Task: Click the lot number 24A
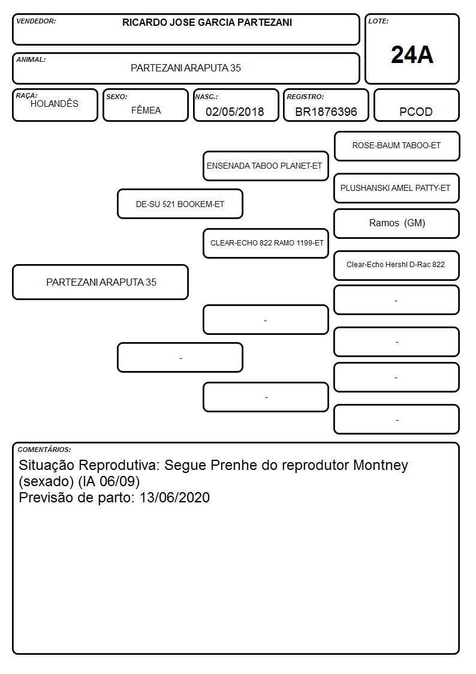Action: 412,55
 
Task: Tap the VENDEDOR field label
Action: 36,21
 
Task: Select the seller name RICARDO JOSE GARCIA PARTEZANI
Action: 207,22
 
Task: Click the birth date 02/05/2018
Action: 235,112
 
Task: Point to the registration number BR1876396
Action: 326,112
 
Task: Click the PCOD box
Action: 416,105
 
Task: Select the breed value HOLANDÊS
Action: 55,103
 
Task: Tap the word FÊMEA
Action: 146,110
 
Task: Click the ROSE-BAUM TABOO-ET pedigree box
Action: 397,146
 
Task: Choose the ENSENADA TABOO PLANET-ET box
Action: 266,166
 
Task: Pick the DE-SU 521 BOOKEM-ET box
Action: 180,204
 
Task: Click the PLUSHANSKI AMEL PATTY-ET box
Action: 397,188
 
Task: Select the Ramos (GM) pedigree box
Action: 397,223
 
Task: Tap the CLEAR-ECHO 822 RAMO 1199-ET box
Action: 266,243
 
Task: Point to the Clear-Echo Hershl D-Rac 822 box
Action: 397,265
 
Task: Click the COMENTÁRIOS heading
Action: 44,450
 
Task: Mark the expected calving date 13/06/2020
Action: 174,498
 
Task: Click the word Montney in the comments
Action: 380,465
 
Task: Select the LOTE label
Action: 378,21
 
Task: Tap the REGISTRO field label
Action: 305,97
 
